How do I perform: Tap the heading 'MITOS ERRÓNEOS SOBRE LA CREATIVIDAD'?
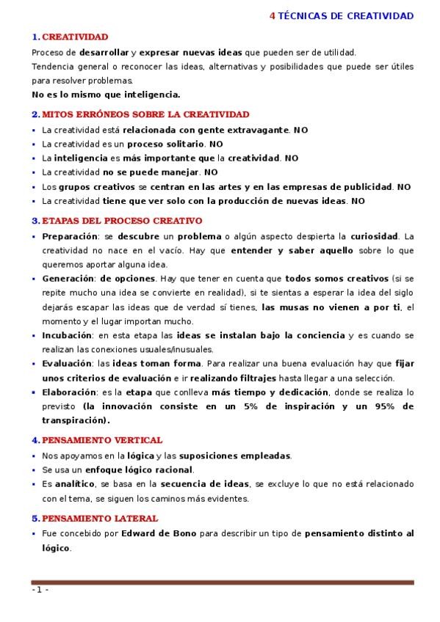click(145, 114)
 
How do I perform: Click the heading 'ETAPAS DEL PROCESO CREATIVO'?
click(122, 220)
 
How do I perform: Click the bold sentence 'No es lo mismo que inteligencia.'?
click(106, 94)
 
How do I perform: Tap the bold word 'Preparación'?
click(70, 236)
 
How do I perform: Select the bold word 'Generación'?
click(69, 279)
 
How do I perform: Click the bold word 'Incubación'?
click(68, 335)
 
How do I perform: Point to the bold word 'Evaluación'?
click(67, 364)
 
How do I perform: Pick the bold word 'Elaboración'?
click(69, 392)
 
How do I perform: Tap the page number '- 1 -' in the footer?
click(40, 590)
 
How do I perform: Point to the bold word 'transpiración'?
click(75, 420)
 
